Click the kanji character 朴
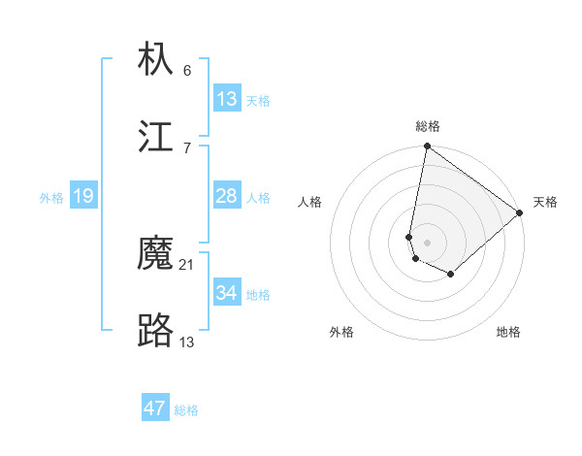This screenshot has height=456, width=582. (x=156, y=59)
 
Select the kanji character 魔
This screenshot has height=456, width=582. (x=156, y=255)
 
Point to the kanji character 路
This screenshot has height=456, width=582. (x=156, y=332)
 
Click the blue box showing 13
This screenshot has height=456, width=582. (x=227, y=99)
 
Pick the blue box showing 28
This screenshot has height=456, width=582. (x=227, y=197)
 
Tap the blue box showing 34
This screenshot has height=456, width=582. (x=227, y=293)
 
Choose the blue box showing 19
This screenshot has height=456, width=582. (x=83, y=197)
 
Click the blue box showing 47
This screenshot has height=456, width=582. (x=155, y=408)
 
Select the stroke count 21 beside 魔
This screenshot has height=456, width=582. (x=187, y=265)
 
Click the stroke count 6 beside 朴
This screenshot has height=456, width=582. (x=187, y=70)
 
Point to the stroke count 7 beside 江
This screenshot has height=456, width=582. (x=187, y=147)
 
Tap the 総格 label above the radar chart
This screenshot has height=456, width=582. (x=428, y=126)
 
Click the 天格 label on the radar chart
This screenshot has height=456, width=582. (x=545, y=202)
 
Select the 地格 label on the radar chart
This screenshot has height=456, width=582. (x=508, y=332)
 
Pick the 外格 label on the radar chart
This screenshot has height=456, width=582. (x=341, y=332)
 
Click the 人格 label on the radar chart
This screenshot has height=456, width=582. (x=310, y=202)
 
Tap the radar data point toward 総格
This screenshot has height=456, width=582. (x=427, y=147)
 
